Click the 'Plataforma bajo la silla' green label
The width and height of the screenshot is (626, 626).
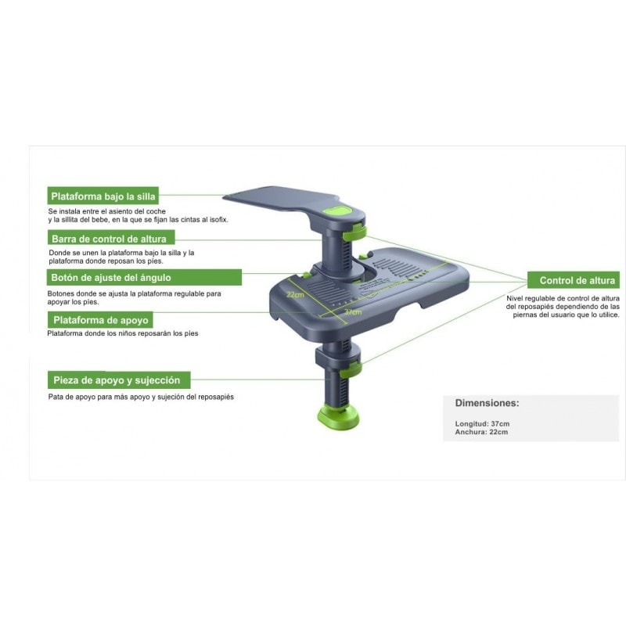click(103, 196)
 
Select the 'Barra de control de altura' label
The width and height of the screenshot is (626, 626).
click(111, 239)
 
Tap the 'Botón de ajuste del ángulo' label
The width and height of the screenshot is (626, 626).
click(145, 277)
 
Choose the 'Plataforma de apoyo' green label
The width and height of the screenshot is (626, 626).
click(100, 320)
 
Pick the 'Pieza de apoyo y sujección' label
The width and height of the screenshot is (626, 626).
click(119, 380)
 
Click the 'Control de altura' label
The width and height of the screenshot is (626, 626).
click(574, 280)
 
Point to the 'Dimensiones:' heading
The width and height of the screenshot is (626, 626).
click(487, 403)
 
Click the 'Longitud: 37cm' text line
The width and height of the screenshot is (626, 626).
click(482, 423)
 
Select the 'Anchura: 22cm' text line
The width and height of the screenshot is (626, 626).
click(481, 432)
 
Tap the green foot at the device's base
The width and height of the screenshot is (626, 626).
click(338, 416)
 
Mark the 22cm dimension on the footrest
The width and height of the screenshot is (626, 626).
click(295, 295)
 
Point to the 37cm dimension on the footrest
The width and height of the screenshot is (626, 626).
click(353, 311)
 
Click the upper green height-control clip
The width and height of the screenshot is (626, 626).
click(354, 232)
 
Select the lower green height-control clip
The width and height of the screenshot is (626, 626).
click(351, 369)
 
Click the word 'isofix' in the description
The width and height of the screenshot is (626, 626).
click(219, 220)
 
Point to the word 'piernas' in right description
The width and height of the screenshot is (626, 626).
click(525, 315)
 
